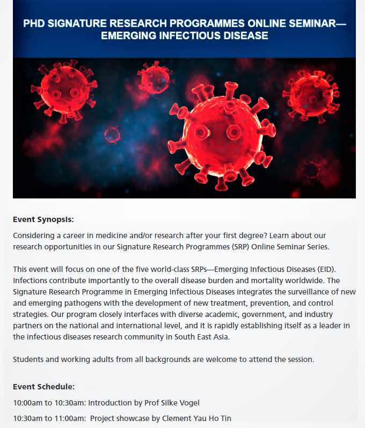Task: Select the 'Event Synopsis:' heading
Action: point(43,220)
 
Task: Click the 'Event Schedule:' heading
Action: point(44,387)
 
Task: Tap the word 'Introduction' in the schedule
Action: point(113,403)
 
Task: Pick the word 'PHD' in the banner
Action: point(35,24)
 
